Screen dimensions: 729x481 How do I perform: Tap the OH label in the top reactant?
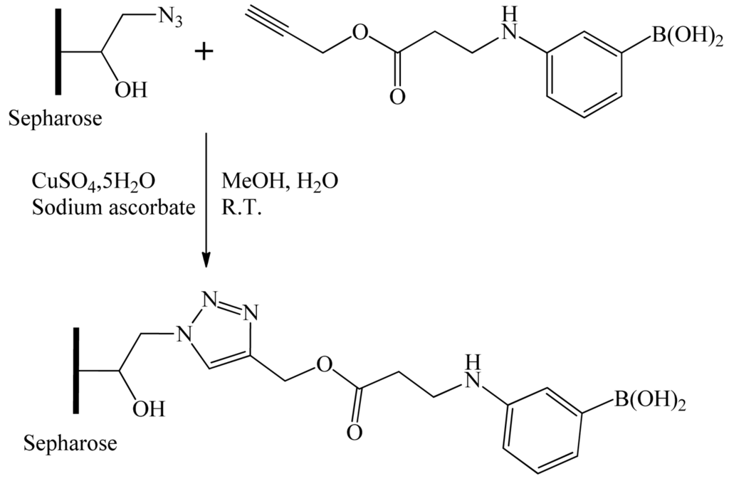131,90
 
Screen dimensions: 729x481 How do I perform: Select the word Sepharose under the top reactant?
55,118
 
